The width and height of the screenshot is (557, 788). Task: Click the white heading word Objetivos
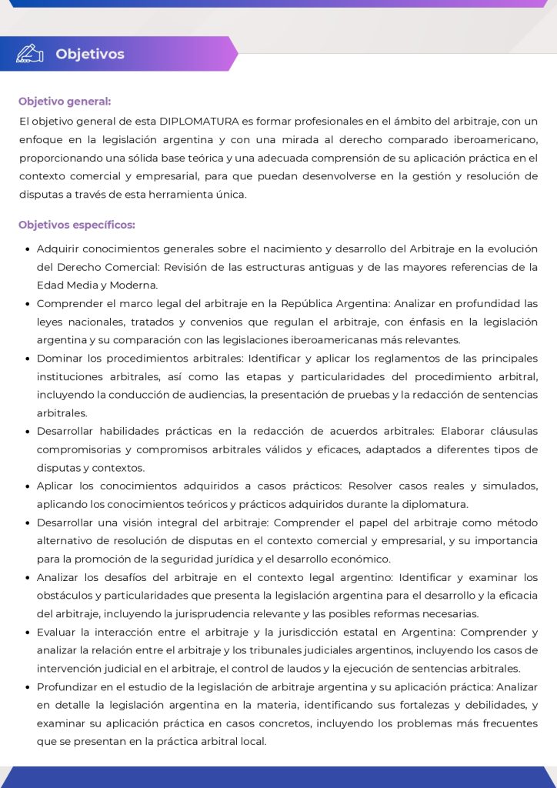click(x=89, y=54)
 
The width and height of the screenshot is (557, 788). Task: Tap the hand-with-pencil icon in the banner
click(x=30, y=53)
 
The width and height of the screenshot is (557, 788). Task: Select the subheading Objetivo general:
click(x=65, y=101)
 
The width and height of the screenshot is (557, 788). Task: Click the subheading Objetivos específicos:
click(x=77, y=225)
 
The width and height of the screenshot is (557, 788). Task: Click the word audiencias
click(x=233, y=395)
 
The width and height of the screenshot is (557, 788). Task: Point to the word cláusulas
click(x=512, y=431)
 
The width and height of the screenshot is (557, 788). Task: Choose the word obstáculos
click(x=65, y=596)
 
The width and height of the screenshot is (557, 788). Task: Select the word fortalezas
click(x=394, y=705)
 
